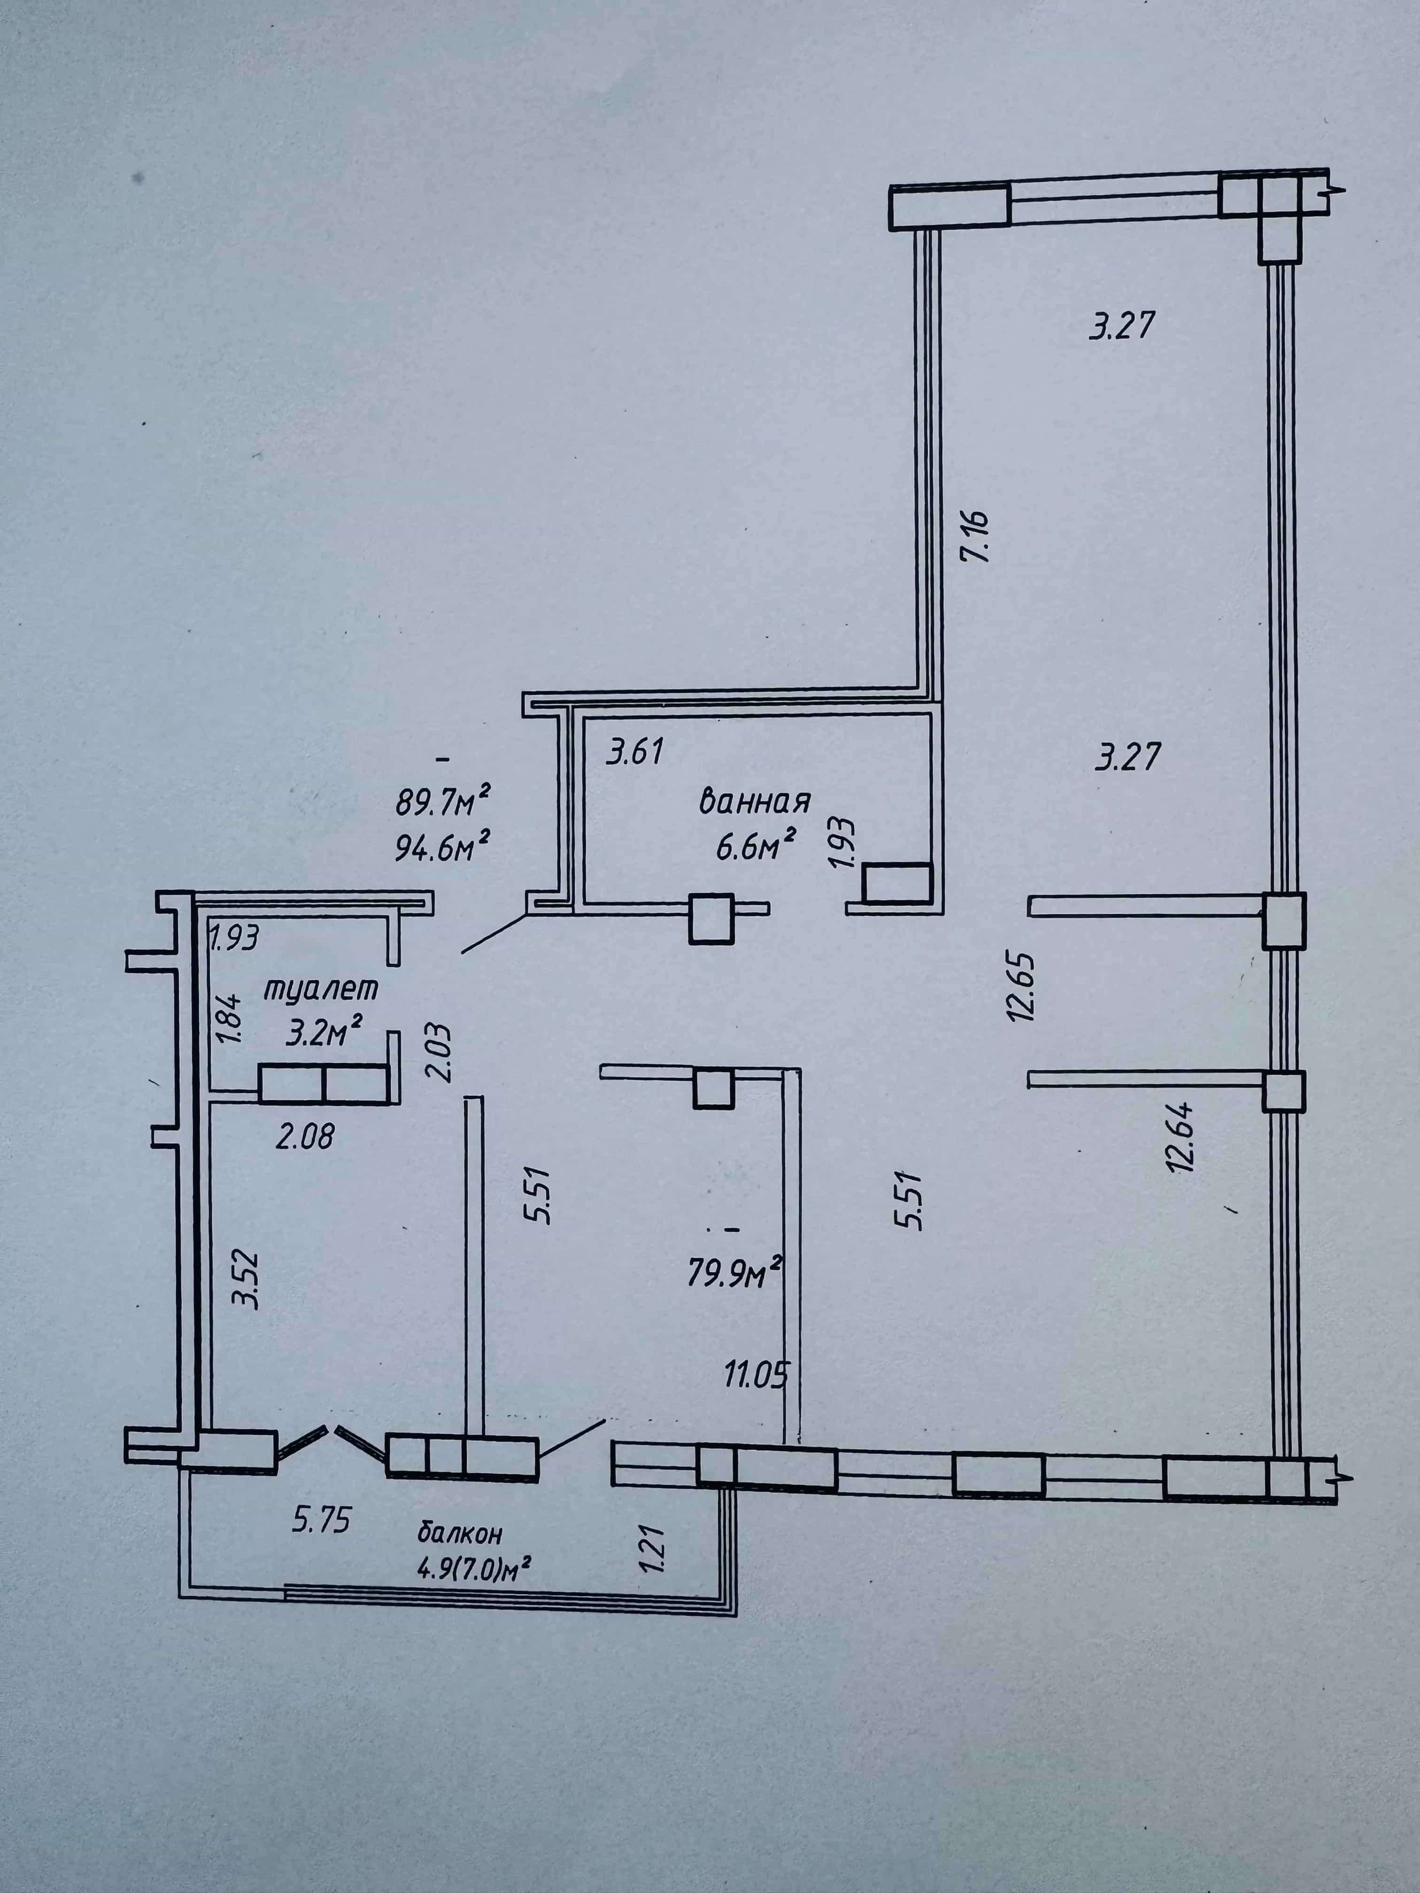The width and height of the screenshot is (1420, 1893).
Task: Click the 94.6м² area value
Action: pyautogui.click(x=442, y=847)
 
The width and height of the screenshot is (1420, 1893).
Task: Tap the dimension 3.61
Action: pyautogui.click(x=635, y=752)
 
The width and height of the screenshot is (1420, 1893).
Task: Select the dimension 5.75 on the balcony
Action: pyautogui.click(x=321, y=1520)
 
